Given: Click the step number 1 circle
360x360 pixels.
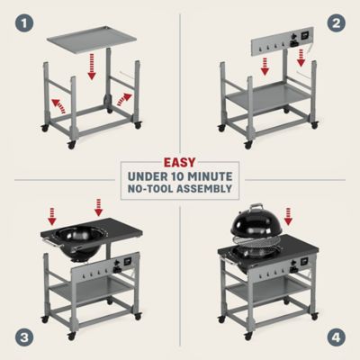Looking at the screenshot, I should [19, 19].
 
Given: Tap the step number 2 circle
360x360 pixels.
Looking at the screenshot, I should [340, 19].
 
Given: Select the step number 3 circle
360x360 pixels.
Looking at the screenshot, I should [19, 340].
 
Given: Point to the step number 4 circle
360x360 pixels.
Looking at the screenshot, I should [340, 340].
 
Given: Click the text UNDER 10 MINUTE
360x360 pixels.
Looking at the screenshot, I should [180, 174].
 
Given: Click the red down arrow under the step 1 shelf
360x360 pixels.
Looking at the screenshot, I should [91, 68].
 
